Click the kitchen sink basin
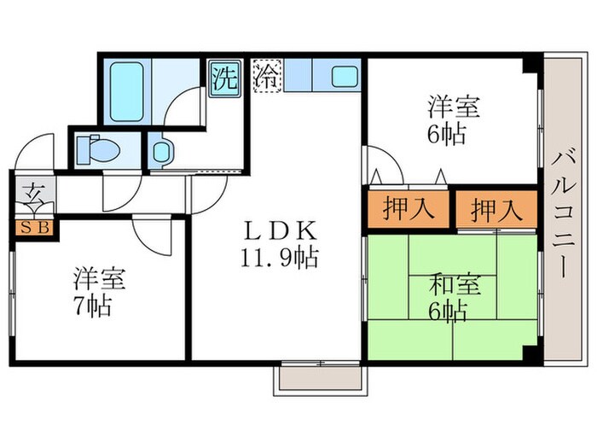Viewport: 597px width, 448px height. point(346,77)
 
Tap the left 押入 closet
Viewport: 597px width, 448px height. point(398,210)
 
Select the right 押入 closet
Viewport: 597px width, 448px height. point(495,210)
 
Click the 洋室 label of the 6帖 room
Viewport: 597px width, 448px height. point(452,108)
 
